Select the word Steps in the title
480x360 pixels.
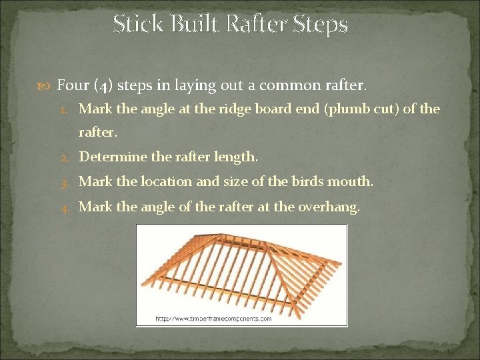coord(322,25)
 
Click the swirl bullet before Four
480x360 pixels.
coord(47,85)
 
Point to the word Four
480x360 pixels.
coord(73,85)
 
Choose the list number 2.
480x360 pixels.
coord(67,157)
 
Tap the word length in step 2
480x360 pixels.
coord(237,157)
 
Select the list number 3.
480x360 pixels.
coord(67,182)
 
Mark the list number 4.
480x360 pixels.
coord(67,207)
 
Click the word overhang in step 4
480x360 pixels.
coord(331,207)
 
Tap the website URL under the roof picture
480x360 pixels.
coord(213,319)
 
